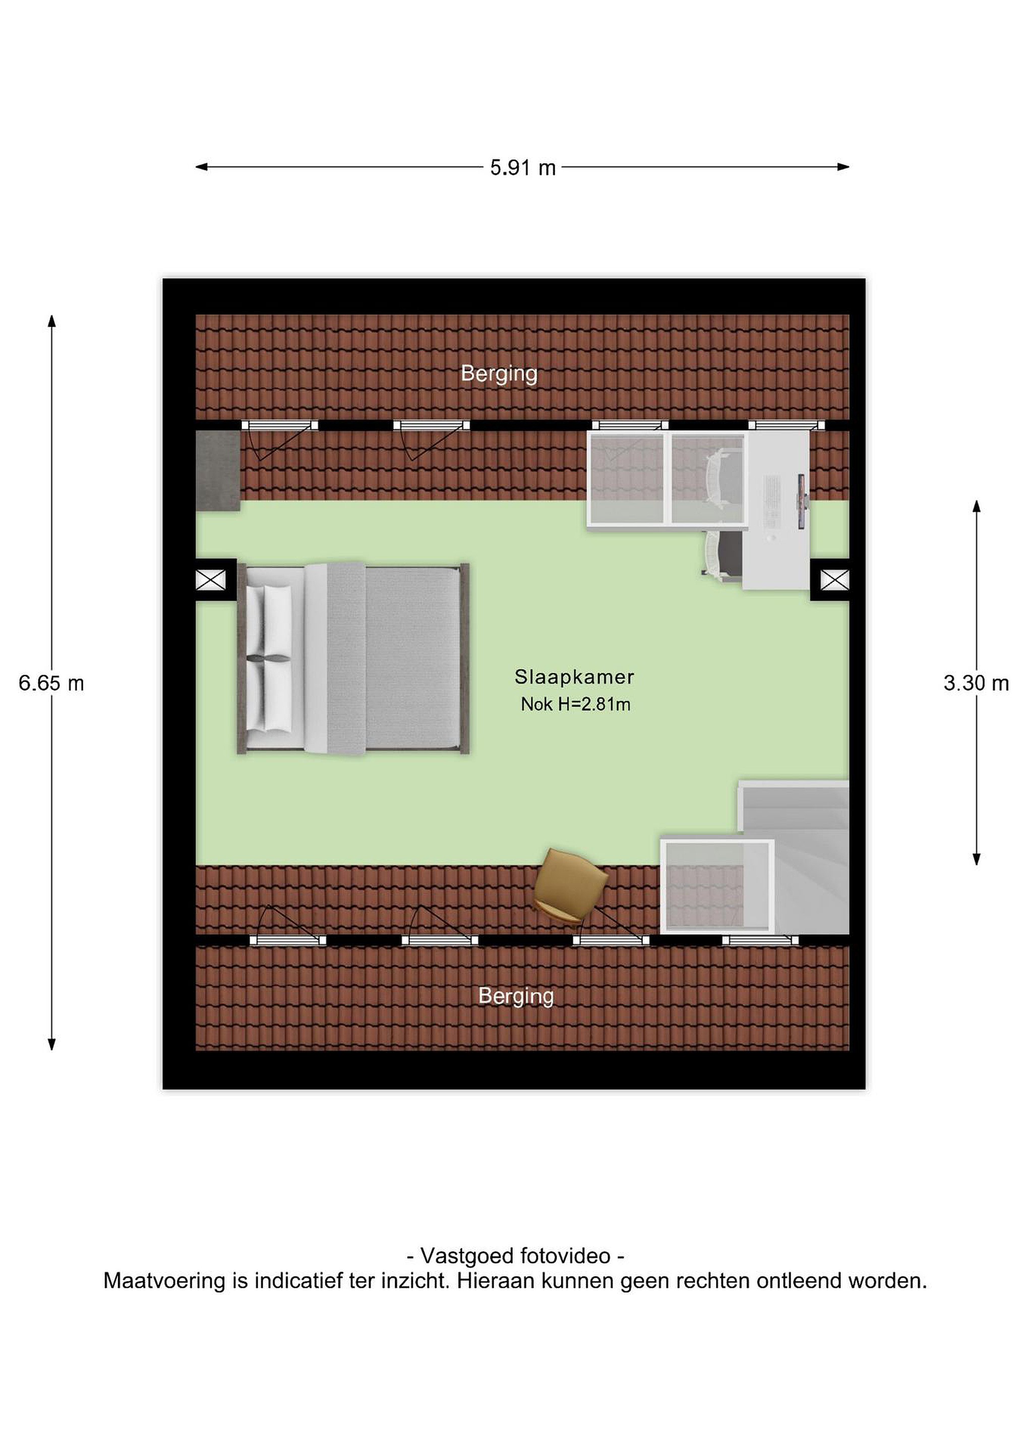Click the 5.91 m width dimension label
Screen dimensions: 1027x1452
tap(522, 167)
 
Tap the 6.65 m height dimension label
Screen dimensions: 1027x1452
tap(51, 683)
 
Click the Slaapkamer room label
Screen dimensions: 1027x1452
tap(574, 677)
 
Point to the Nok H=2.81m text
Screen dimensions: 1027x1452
tap(575, 704)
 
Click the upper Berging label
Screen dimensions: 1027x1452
tap(499, 374)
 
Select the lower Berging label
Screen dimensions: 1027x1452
tap(516, 996)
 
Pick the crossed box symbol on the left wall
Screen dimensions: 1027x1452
tap(211, 579)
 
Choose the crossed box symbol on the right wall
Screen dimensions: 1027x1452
tap(835, 579)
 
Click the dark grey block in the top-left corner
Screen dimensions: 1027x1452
tap(217, 470)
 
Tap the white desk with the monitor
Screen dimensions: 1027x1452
tap(777, 510)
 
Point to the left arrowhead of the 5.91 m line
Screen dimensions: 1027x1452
tap(202, 167)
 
